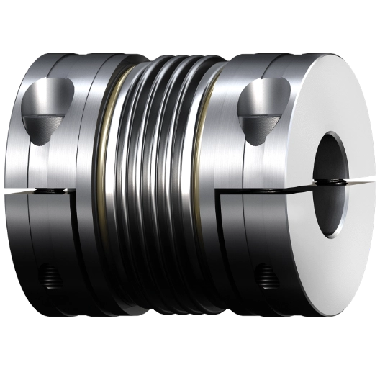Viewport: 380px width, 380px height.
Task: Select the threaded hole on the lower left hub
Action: pyautogui.click(x=48, y=273)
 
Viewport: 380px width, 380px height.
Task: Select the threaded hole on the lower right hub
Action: pyautogui.click(x=266, y=274)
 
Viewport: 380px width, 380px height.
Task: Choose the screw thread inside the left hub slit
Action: pyautogui.click(x=54, y=191)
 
